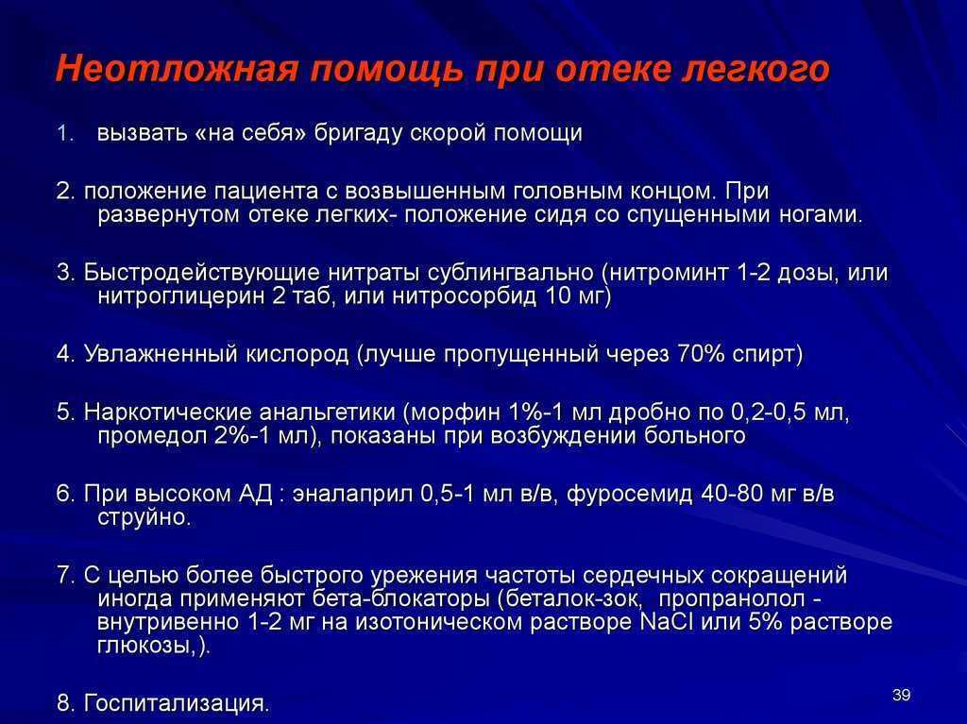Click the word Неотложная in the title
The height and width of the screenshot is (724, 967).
[177, 69]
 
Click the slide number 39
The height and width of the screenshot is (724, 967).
[901, 695]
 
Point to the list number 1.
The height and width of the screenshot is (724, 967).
[65, 133]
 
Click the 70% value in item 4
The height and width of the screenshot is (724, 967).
[701, 355]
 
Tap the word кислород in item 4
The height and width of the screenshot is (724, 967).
[297, 355]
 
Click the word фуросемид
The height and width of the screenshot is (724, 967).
[629, 495]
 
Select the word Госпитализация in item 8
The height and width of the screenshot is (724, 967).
[174, 703]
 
